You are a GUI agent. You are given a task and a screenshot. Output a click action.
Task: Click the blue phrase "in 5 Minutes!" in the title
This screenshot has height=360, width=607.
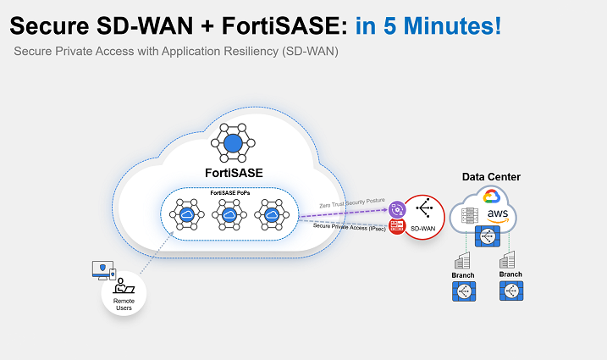(x=428, y=25)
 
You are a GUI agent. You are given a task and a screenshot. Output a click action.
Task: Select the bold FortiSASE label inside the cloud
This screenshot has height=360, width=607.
(x=234, y=173)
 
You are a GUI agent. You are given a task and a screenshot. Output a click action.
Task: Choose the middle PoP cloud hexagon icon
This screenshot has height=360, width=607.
(x=229, y=216)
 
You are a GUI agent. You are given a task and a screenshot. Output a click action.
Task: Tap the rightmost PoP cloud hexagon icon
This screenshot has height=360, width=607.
(x=272, y=216)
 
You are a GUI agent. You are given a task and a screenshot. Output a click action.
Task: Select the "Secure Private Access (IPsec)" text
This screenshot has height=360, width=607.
(x=350, y=226)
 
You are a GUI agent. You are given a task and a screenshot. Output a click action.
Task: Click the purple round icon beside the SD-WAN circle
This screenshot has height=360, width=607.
(x=396, y=209)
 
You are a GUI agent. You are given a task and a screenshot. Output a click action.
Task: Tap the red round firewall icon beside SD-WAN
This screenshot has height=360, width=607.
(x=395, y=226)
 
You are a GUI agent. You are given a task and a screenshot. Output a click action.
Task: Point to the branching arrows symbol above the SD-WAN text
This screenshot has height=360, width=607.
(x=424, y=208)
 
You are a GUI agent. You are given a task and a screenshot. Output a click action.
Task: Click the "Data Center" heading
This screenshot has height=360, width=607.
(x=491, y=177)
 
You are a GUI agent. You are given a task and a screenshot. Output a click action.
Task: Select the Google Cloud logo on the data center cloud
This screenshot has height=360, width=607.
(x=493, y=197)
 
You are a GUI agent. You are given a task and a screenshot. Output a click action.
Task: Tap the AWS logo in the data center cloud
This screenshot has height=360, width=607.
(x=497, y=216)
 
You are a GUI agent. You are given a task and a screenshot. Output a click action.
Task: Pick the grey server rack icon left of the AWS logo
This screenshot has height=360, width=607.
(x=468, y=218)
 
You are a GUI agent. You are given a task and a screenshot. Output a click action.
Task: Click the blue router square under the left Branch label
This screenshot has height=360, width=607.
(x=464, y=291)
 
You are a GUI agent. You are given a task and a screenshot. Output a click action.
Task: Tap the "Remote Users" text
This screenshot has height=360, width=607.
(x=124, y=302)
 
